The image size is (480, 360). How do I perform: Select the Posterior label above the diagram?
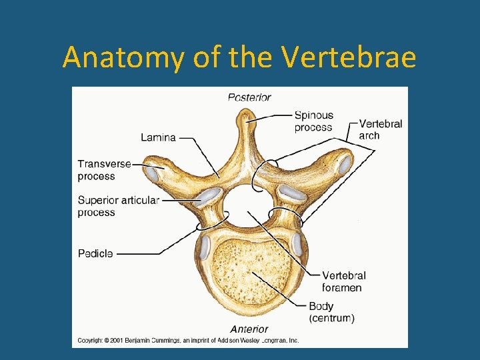pos(249,97)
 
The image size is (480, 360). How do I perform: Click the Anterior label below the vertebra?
pos(249,329)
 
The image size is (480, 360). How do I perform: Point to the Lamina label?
pos(158,137)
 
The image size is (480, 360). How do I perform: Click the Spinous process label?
pos(313,121)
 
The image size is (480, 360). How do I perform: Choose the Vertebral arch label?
pos(380,129)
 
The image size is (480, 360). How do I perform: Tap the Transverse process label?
pos(104,169)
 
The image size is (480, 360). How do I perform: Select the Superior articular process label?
pos(118,206)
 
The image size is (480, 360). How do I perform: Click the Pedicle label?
pos(95,253)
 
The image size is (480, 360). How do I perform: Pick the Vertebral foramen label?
pos(343,281)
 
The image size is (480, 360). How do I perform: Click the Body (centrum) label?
pos(331,312)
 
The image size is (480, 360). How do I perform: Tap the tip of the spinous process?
pos(247,119)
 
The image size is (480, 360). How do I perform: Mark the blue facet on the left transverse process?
pos(153,175)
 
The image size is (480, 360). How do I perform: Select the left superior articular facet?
pos(209,195)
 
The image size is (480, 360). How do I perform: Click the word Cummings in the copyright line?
pos(170,340)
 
